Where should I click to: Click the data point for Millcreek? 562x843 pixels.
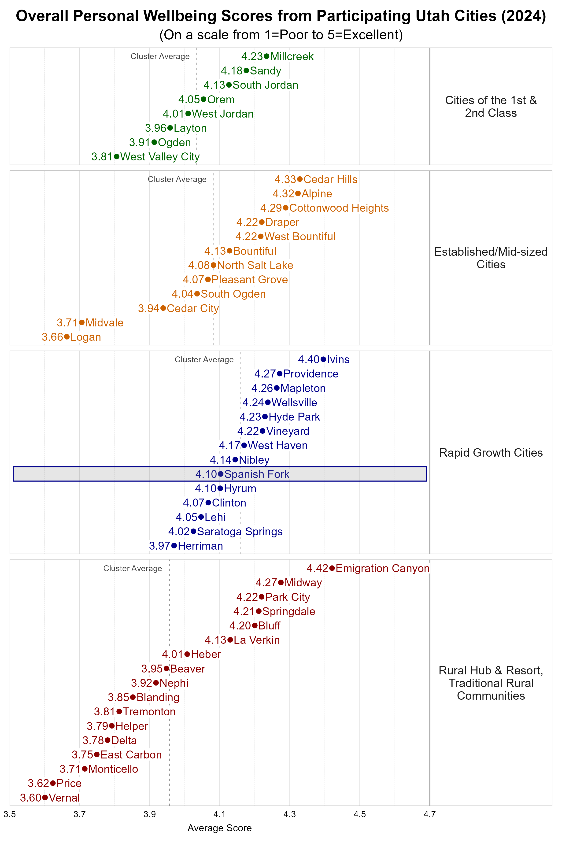[266, 56]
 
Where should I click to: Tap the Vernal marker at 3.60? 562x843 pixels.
[45, 798]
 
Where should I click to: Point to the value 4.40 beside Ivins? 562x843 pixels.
[309, 359]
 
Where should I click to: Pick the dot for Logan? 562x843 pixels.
[67, 337]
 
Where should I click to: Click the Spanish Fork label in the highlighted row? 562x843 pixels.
[257, 474]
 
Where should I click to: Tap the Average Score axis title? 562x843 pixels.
[219, 828]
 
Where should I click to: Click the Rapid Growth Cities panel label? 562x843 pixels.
[491, 453]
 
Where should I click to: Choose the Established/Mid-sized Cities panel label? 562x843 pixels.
[491, 258]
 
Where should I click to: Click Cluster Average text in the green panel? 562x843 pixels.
[160, 56]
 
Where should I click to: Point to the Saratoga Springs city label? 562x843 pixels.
[240, 532]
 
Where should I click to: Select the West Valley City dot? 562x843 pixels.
[116, 157]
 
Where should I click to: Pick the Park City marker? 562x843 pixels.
[262, 597]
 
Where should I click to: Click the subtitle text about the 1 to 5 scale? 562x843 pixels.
[281, 35]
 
